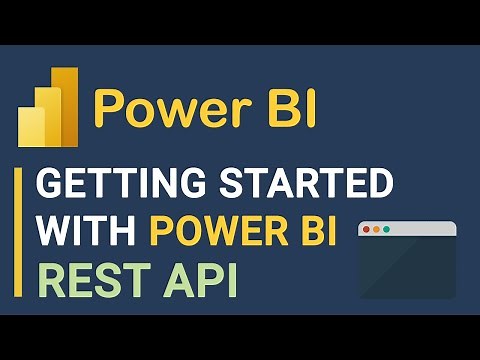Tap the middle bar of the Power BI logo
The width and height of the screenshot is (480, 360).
tap(47, 118)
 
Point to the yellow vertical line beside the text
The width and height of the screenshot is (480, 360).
tap(18, 236)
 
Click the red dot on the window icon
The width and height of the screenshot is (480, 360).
tap(366, 230)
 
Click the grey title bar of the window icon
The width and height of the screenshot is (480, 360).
tap(420, 230)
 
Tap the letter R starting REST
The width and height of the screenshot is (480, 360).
tap(50, 281)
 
